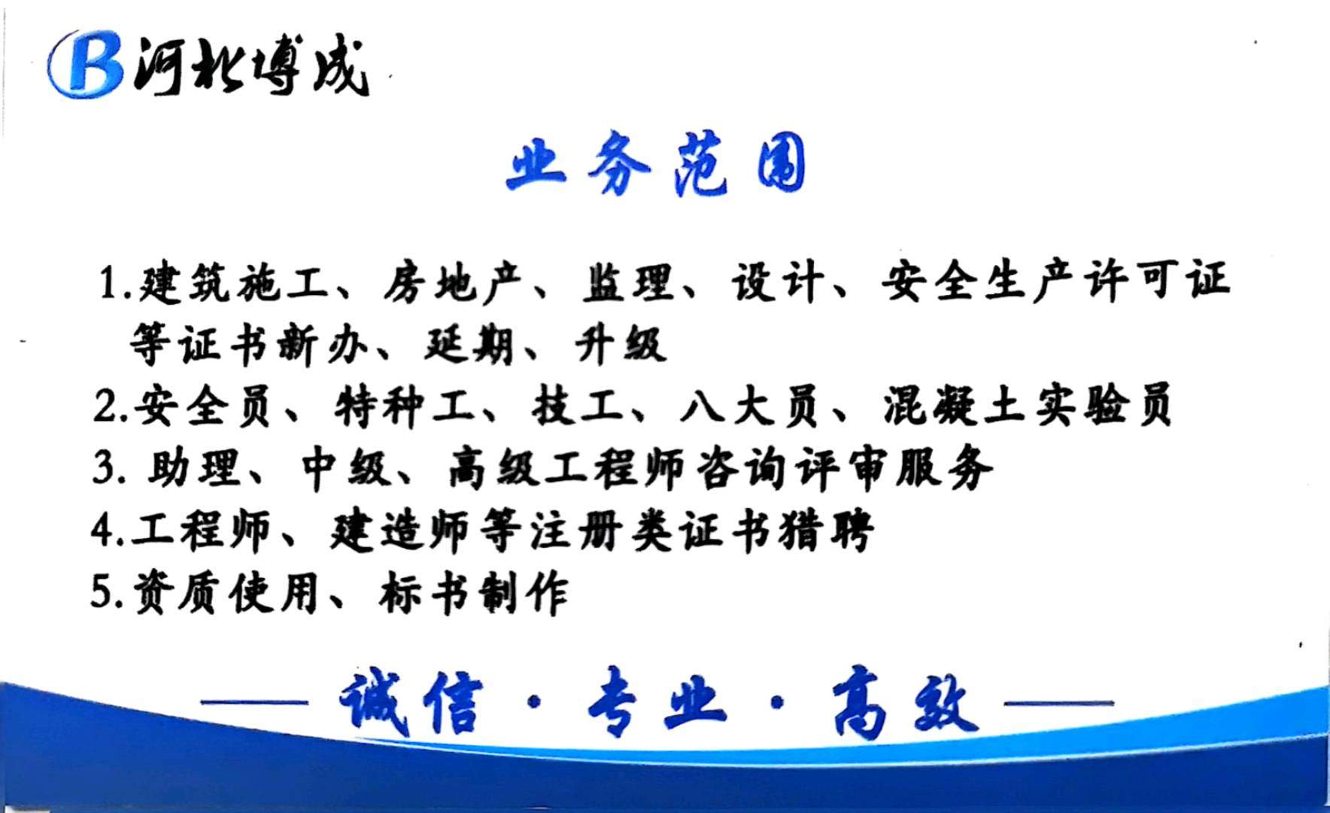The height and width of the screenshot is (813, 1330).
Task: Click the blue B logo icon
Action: pyautogui.click(x=84, y=64)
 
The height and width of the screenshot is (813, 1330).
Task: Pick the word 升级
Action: pyautogui.click(x=620, y=345)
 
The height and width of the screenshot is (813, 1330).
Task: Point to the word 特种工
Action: pyautogui.click(x=403, y=407)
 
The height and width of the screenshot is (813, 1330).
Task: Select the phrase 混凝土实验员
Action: pyautogui.click(x=1028, y=406)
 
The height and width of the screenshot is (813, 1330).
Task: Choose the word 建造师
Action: pyautogui.click(x=399, y=531)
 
